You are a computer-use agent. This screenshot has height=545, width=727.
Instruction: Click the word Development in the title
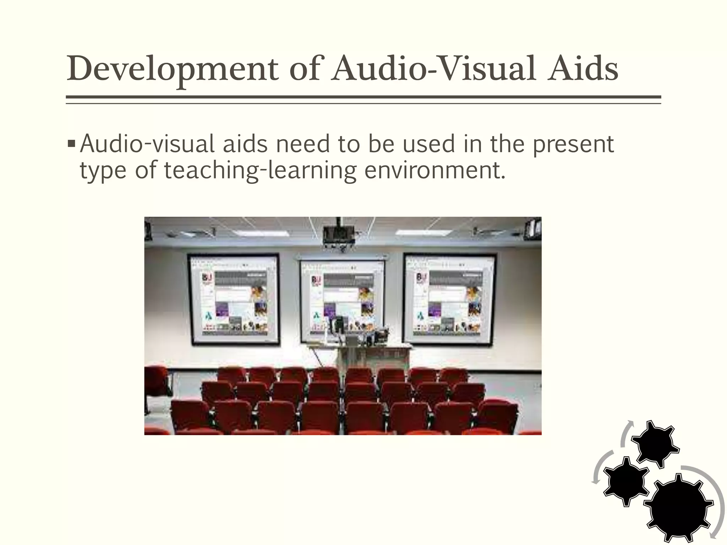173,69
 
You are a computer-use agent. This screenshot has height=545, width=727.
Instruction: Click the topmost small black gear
655,443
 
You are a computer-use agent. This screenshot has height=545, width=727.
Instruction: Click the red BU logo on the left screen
206,279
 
